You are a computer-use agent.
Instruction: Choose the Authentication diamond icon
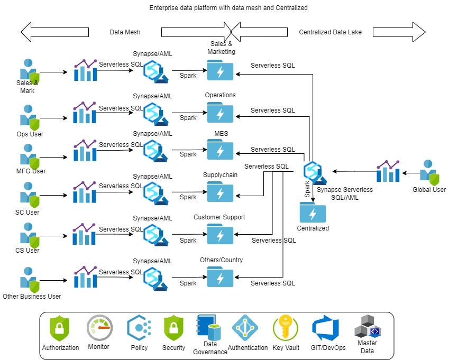click(x=245, y=328)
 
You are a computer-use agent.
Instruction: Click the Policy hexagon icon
click(x=140, y=328)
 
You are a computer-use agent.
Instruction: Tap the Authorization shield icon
click(x=60, y=328)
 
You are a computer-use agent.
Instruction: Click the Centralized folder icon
click(x=313, y=213)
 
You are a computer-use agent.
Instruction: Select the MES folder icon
click(x=220, y=149)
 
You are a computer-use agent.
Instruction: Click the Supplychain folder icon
click(x=220, y=191)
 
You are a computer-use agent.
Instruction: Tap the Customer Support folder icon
click(x=220, y=234)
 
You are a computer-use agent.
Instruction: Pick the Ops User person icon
click(x=30, y=117)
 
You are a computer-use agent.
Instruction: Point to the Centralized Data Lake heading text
click(x=330, y=32)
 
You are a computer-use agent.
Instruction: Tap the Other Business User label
click(x=32, y=296)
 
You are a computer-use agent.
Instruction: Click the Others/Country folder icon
click(x=220, y=276)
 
